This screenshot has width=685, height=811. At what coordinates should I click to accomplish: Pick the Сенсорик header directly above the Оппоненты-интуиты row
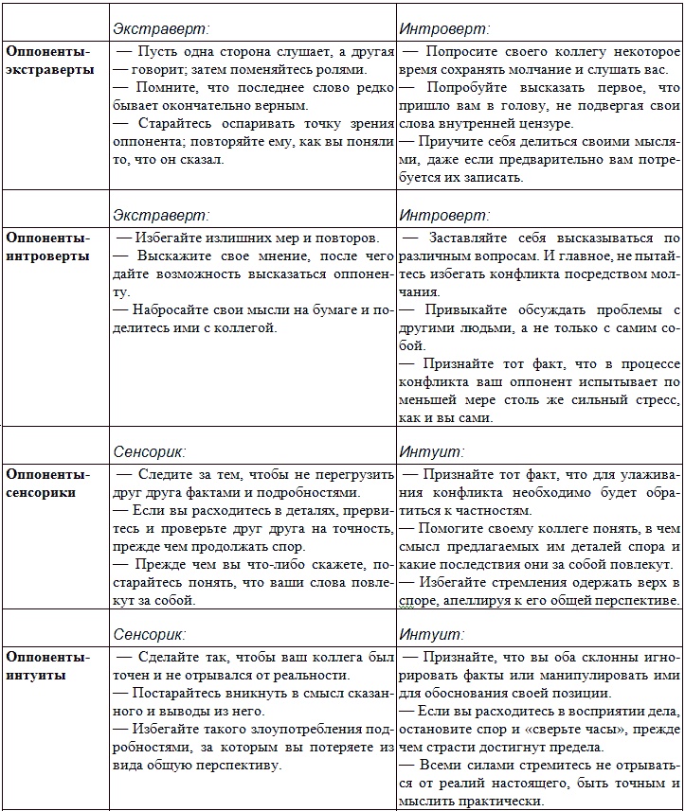[x=150, y=633]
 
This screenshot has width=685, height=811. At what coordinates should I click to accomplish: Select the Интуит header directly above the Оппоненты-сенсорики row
[x=432, y=451]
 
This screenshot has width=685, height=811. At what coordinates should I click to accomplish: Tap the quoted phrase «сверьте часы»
[x=588, y=730]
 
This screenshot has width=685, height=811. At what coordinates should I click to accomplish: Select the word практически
[x=501, y=802]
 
